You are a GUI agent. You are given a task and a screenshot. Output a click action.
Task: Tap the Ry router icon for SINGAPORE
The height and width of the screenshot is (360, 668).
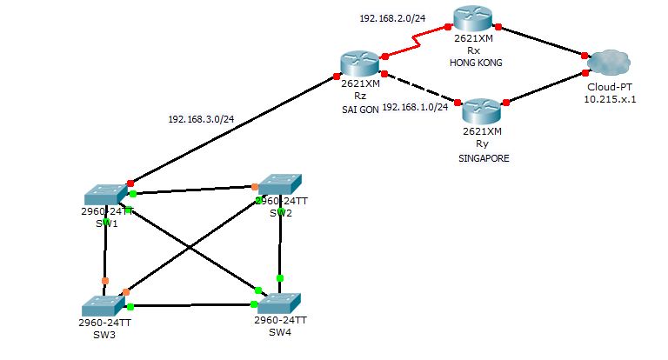click(x=481, y=110)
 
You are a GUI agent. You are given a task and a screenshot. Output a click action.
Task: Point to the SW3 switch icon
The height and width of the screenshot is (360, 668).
click(x=103, y=306)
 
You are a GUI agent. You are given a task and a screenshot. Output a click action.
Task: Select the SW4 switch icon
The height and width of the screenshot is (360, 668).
click(x=279, y=303)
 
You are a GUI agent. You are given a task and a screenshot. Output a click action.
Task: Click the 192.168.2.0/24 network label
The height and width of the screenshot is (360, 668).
click(x=392, y=17)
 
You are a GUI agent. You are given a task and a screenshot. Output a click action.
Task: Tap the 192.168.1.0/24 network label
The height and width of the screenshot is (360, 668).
click(x=415, y=107)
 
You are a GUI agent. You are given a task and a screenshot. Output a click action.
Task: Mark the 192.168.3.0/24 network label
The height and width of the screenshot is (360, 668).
click(x=201, y=119)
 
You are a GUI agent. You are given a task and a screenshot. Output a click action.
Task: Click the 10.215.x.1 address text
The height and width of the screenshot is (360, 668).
click(x=610, y=99)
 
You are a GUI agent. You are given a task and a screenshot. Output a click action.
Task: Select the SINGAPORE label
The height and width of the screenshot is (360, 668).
click(x=483, y=159)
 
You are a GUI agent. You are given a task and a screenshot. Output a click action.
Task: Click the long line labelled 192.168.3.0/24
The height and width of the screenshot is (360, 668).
click(x=235, y=128)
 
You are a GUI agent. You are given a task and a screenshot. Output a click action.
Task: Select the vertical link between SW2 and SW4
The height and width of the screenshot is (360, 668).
click(x=280, y=243)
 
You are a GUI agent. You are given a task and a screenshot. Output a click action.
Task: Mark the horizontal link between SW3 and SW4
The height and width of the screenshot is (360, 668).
click(x=191, y=305)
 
